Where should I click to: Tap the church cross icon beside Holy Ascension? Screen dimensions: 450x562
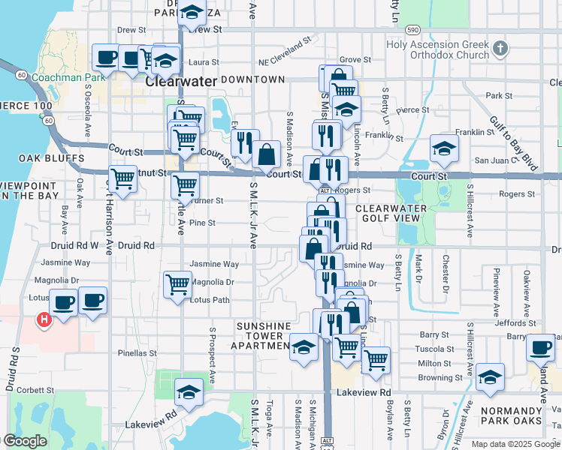501,49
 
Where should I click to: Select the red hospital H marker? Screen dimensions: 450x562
44,320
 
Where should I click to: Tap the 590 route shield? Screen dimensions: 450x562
411,30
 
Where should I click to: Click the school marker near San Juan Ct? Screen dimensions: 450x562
444,148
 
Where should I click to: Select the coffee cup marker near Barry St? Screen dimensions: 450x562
540,346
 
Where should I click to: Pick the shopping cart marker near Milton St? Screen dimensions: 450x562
376,358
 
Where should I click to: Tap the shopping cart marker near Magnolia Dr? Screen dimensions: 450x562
177,283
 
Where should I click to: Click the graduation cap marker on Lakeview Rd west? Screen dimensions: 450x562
189,391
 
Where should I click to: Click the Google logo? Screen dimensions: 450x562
26,442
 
